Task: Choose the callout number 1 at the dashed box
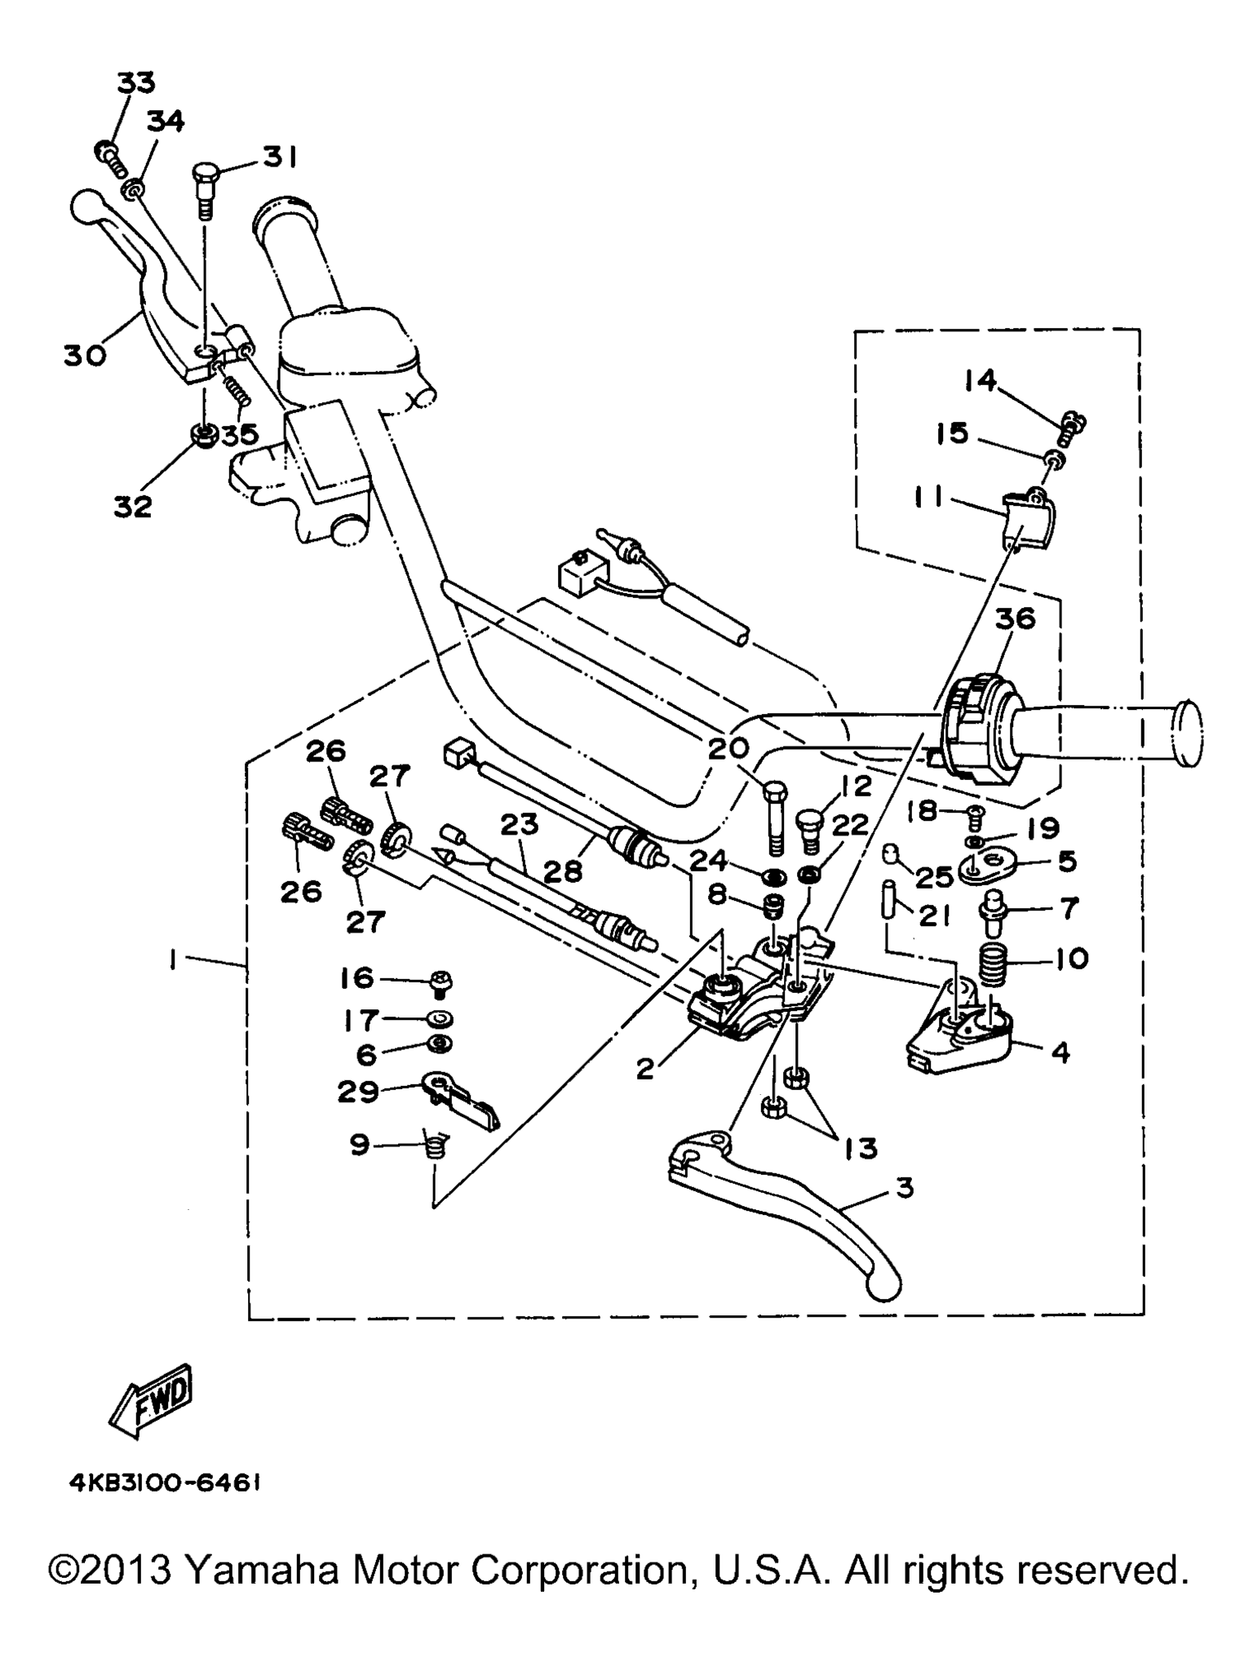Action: tap(173, 962)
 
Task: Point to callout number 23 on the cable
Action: tap(520, 825)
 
